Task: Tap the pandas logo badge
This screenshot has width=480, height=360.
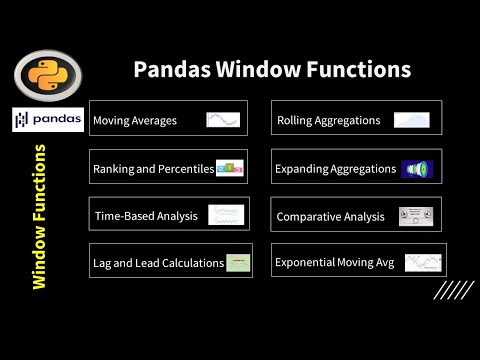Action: click(48, 121)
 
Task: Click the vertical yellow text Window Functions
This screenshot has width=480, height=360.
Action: click(39, 217)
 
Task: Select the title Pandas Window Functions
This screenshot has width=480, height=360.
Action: click(272, 70)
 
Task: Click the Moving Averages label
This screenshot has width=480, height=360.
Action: click(135, 121)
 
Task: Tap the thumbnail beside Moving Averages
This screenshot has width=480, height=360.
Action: click(223, 120)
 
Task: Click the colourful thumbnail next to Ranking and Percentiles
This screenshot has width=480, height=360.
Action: click(230, 168)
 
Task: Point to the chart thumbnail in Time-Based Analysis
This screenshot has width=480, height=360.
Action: click(226, 215)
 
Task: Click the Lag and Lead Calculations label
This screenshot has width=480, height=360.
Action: click(158, 263)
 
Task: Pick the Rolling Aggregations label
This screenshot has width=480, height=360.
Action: click(328, 121)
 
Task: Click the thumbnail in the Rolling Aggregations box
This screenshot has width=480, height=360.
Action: click(411, 120)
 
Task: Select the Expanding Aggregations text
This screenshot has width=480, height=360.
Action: click(335, 169)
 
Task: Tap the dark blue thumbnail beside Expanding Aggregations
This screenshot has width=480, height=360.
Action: click(417, 169)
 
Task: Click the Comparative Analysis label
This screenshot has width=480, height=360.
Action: click(330, 216)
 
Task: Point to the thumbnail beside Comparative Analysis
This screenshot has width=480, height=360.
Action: click(415, 215)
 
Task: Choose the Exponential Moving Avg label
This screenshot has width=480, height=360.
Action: click(335, 263)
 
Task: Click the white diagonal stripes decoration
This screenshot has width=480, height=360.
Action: click(452, 290)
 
